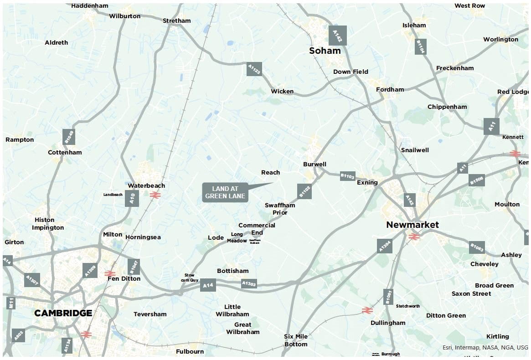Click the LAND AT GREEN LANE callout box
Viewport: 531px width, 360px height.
tap(225, 192)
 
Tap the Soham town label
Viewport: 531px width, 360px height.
tap(325, 51)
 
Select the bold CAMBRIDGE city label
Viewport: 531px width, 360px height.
tap(63, 313)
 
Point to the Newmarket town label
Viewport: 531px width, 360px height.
tap(412, 225)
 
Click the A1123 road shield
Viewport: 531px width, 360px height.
tap(254, 69)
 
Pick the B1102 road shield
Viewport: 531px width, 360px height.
tap(304, 191)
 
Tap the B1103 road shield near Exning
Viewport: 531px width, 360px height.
tap(347, 176)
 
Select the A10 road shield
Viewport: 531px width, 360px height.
tap(132, 198)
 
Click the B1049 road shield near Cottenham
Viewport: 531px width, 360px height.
tap(68, 137)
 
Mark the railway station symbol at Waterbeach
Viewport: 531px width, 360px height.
tap(154, 195)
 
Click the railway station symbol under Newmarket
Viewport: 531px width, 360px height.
tap(414, 237)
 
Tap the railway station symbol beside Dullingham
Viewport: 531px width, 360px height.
tap(367, 310)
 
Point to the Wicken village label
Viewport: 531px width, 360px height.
tap(282, 91)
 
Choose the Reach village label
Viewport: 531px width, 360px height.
tap(270, 172)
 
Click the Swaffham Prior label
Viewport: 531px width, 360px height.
tap(280, 209)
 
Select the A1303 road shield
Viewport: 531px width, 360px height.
tap(249, 283)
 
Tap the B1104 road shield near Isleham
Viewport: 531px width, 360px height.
tap(420, 46)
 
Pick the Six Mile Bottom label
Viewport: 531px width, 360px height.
tap(296, 340)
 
